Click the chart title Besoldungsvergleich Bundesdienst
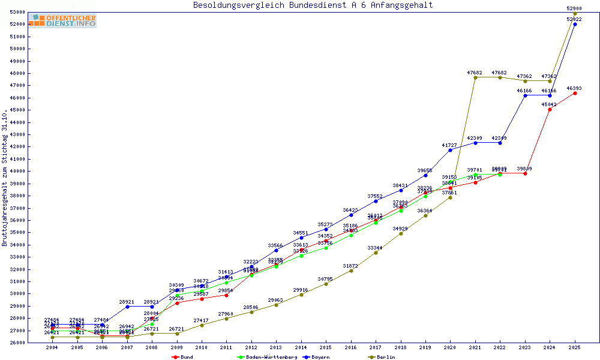(x=313, y=5)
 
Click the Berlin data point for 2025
(x=575, y=14)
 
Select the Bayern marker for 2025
(x=575, y=24)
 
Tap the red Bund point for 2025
(x=575, y=93)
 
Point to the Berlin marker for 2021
(x=475, y=77)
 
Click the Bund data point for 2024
(x=550, y=109)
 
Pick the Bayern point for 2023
(x=525, y=95)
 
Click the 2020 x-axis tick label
(x=450, y=348)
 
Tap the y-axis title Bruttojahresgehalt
(x=5, y=178)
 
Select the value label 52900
(x=575, y=8)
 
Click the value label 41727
(x=450, y=145)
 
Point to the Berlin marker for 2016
(x=351, y=271)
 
